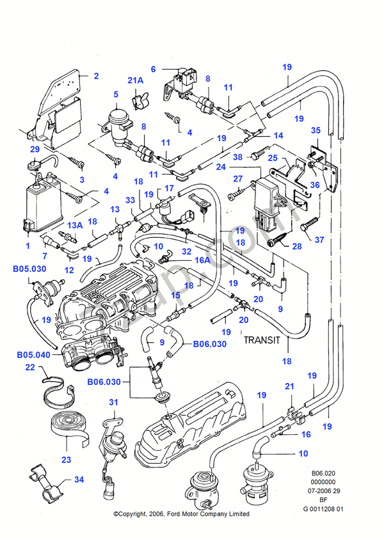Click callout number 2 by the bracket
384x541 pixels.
pos(96,76)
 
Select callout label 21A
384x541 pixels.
pos(136,81)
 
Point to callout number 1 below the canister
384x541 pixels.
pos(28,246)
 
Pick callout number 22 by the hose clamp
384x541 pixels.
pos(30,367)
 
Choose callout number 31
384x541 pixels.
pos(114,402)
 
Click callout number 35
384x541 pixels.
pos(316,130)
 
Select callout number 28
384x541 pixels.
pos(296,246)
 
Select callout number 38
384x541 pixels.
pos(237,156)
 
